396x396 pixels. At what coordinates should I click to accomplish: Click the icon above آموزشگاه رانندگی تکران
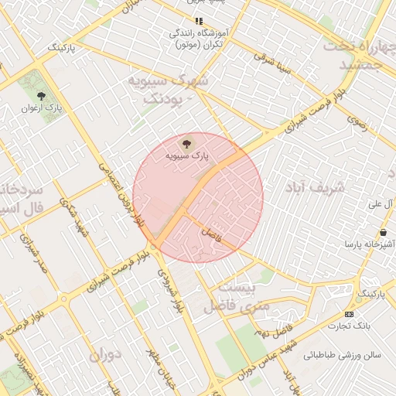tap(199, 22)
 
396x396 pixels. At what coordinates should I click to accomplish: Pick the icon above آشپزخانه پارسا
tap(384, 232)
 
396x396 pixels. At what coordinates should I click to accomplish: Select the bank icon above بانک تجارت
tap(348, 314)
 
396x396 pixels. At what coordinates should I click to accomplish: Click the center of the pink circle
tap(198, 198)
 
